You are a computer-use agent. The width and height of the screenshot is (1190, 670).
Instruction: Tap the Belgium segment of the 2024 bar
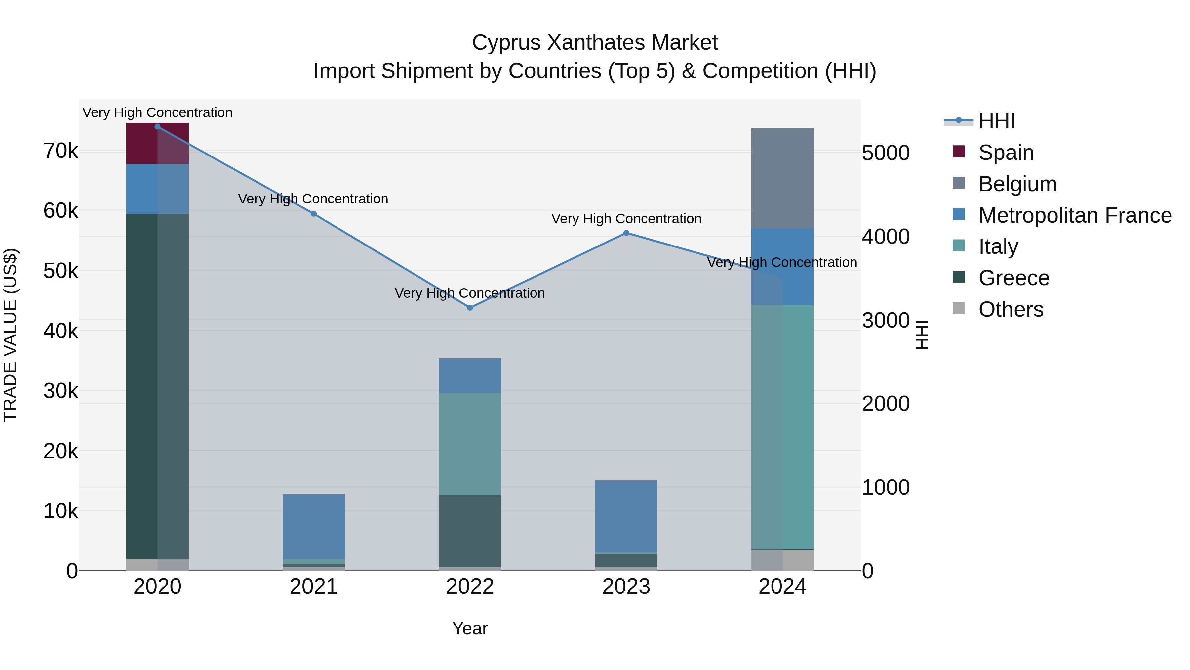pyautogui.click(x=782, y=178)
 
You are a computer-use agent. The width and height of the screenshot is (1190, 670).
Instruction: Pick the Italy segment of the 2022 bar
pyautogui.click(x=470, y=444)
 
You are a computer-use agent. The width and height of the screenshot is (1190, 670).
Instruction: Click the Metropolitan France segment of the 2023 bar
pyautogui.click(x=626, y=516)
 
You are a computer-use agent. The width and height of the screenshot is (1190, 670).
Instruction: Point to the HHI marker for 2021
pyautogui.click(x=314, y=214)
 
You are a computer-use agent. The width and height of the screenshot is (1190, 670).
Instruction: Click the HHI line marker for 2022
pyautogui.click(x=470, y=307)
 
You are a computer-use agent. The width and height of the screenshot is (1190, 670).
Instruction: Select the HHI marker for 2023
pyautogui.click(x=626, y=233)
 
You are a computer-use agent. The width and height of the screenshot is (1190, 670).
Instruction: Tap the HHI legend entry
pyautogui.click(x=996, y=121)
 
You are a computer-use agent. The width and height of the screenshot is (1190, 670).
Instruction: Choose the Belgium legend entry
pyautogui.click(x=1017, y=184)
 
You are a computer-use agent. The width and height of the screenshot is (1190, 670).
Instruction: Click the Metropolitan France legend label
pyautogui.click(x=1075, y=215)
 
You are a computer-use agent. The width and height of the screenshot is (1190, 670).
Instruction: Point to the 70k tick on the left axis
pyautogui.click(x=60, y=151)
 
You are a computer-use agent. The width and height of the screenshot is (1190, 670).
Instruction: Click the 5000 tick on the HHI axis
pyautogui.click(x=886, y=153)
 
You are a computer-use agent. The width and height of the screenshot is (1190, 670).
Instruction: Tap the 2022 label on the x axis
pyautogui.click(x=470, y=587)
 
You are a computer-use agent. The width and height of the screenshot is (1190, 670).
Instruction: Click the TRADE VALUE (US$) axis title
pyautogui.click(x=10, y=335)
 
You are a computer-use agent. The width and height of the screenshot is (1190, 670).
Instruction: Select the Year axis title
pyautogui.click(x=470, y=628)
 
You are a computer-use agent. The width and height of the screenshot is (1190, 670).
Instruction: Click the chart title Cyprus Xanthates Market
pyautogui.click(x=595, y=43)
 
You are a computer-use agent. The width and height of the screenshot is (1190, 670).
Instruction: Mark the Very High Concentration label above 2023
pyautogui.click(x=626, y=219)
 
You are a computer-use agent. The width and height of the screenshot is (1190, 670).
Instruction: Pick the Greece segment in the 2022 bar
pyautogui.click(x=470, y=531)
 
